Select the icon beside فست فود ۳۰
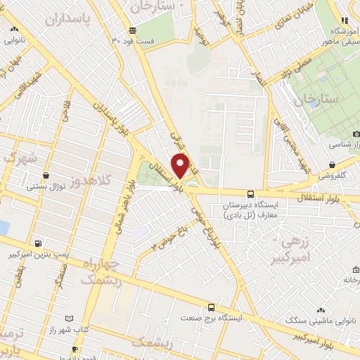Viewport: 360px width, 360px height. pyautogui.click(x=132, y=30)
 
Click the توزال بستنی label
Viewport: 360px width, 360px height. pyautogui.click(x=46, y=186)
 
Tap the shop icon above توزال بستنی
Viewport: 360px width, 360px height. pyautogui.click(x=46, y=175)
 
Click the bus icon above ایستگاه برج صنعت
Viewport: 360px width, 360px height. pyautogui.click(x=211, y=307)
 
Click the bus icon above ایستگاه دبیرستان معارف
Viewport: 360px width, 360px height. pyautogui.click(x=250, y=193)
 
